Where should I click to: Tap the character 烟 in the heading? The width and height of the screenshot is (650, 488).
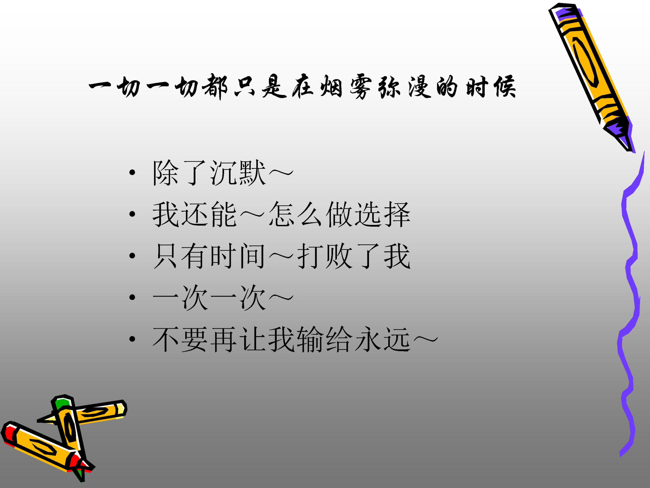[x=331, y=86]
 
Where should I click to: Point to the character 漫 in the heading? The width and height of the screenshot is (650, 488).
[x=420, y=86]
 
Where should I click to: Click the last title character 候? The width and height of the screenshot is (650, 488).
[x=505, y=86]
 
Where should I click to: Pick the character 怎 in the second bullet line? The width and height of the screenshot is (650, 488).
[x=281, y=214]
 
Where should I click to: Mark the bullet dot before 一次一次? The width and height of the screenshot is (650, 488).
[x=132, y=297]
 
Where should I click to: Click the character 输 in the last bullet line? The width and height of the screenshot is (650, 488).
[x=310, y=340]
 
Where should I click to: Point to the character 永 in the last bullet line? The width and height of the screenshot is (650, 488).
[x=368, y=340]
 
